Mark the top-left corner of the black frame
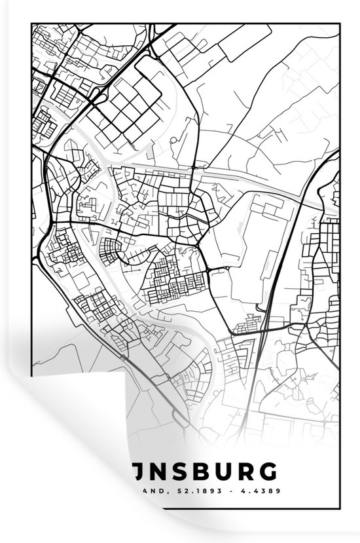point(31,24)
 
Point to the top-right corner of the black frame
point(338,24)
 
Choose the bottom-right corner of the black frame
point(338,506)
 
